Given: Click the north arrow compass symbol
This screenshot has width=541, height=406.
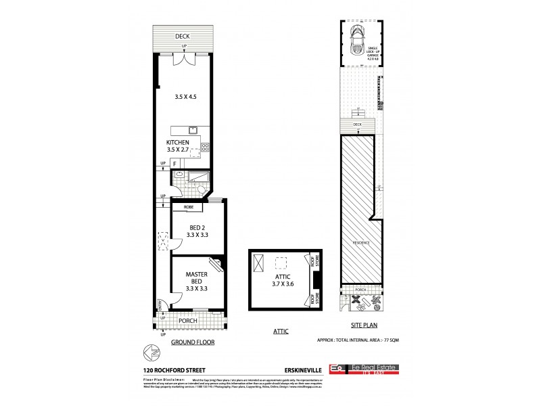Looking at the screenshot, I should [x=153, y=353].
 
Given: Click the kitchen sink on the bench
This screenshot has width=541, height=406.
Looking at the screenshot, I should [x=193, y=129].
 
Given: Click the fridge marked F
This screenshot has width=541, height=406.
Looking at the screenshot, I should [x=174, y=163].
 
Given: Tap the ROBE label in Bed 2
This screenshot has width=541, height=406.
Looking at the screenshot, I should [x=188, y=208].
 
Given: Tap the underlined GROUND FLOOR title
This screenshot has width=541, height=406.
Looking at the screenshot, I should [x=192, y=343].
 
